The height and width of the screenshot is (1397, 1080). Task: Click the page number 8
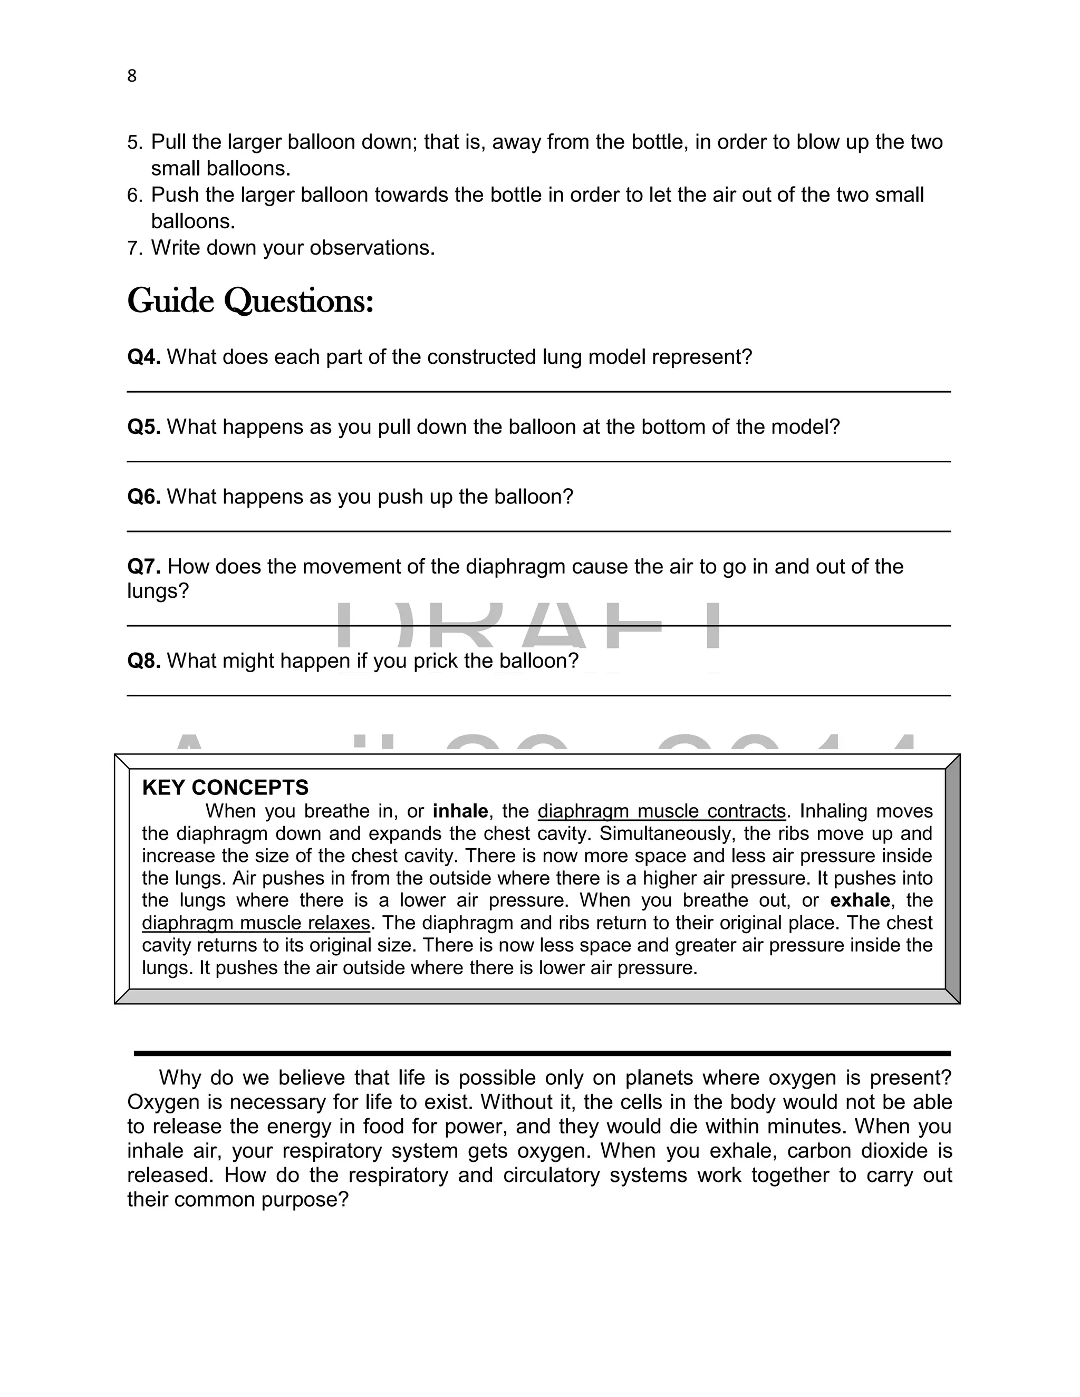tap(132, 76)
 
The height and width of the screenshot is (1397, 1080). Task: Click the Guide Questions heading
tap(250, 300)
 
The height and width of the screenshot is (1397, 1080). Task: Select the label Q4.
tap(143, 357)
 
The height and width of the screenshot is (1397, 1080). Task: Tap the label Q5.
tap(143, 426)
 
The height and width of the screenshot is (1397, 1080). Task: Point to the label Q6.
tap(143, 497)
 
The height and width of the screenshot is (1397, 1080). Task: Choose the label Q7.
tap(143, 566)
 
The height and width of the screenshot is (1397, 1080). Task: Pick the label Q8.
tap(143, 660)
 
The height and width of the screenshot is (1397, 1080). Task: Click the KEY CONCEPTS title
tap(225, 788)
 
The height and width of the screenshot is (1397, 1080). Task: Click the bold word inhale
tap(460, 811)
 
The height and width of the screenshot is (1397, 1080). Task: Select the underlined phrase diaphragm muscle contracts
tap(661, 811)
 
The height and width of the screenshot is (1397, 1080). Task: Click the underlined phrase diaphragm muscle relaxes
tap(256, 923)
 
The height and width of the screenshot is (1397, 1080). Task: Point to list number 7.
tap(134, 248)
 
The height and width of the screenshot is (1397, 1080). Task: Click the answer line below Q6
tap(539, 531)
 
